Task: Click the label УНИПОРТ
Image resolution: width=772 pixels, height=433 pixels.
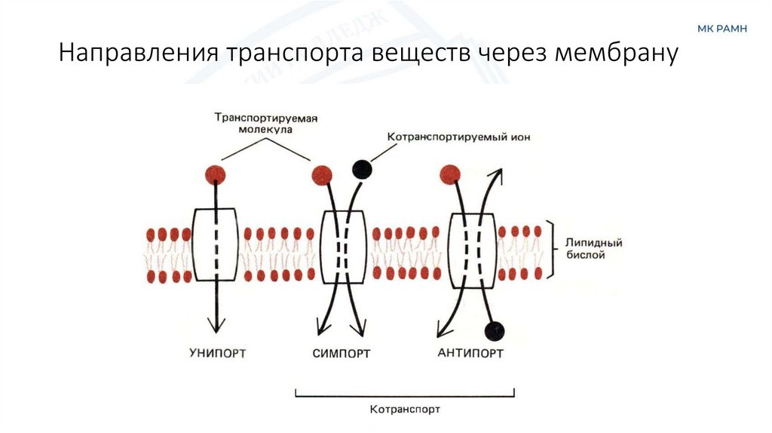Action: (217, 352)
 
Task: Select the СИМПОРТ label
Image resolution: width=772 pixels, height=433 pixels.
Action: (342, 352)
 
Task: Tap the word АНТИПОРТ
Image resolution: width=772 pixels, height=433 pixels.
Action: (470, 352)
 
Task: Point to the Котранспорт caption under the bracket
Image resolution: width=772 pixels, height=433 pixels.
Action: (405, 410)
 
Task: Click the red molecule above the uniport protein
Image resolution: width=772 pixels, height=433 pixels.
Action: (215, 175)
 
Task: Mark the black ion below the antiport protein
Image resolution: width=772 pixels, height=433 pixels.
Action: (495, 330)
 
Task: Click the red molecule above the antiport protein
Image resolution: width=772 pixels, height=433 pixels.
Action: (450, 174)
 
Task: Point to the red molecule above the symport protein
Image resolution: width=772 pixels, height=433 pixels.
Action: (323, 175)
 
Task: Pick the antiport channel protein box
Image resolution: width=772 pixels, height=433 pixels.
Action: (473, 249)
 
